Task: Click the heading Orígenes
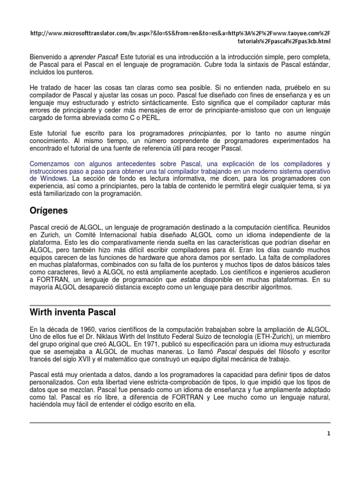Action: click(49, 210)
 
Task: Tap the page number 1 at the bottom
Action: click(329, 434)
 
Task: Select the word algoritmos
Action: click(275, 287)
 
